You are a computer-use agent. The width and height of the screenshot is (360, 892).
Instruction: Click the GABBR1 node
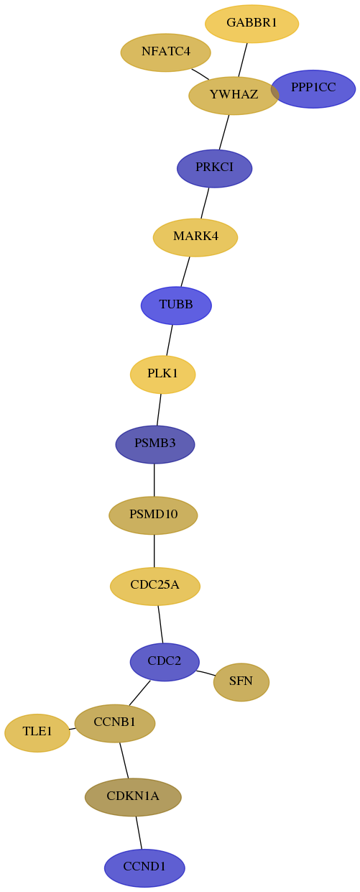pos(251,24)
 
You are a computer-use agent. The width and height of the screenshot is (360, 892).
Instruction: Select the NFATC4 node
pos(166,52)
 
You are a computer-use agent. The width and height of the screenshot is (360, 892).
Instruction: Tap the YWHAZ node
pos(234,96)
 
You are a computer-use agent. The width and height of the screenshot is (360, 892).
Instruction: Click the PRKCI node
pos(214,168)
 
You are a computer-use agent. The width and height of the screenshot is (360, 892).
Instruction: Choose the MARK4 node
pos(195,237)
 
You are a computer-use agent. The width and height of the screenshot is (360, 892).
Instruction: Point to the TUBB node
pos(176,305)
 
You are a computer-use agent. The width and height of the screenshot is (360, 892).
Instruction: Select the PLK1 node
pos(162,374)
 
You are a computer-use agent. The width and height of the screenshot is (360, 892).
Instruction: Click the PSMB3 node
pos(155,444)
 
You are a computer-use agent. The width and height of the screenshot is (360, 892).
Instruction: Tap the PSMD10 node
pos(153,515)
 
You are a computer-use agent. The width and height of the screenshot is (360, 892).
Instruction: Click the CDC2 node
pos(165,662)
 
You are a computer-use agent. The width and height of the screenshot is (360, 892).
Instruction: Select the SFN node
pos(241,682)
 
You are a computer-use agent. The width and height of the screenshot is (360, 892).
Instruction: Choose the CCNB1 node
pos(115,723)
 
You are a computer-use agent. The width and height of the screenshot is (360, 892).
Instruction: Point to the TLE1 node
pos(37,732)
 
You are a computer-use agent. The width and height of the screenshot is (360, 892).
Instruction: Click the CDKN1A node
pos(133,797)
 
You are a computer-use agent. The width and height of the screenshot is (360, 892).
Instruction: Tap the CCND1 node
pos(144,868)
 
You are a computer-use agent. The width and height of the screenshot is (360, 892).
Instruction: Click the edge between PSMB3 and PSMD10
pos(154,480)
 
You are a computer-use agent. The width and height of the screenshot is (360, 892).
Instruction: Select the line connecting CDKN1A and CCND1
pos(139,832)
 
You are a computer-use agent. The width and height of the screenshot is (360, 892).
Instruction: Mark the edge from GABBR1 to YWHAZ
pos(243,60)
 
